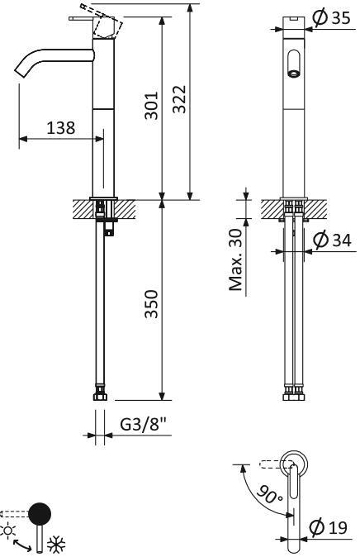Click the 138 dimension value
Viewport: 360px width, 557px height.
[61, 127]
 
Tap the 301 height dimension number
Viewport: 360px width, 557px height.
[152, 106]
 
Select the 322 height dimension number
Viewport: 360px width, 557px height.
[179, 99]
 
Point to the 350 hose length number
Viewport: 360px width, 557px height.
[152, 304]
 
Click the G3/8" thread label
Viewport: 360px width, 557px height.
[144, 424]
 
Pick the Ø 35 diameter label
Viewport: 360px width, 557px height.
[332, 17]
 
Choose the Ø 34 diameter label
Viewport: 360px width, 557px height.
[332, 240]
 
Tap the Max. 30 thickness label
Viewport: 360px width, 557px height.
[236, 259]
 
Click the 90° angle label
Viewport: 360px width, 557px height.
[269, 494]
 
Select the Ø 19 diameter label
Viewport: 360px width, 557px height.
[328, 527]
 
